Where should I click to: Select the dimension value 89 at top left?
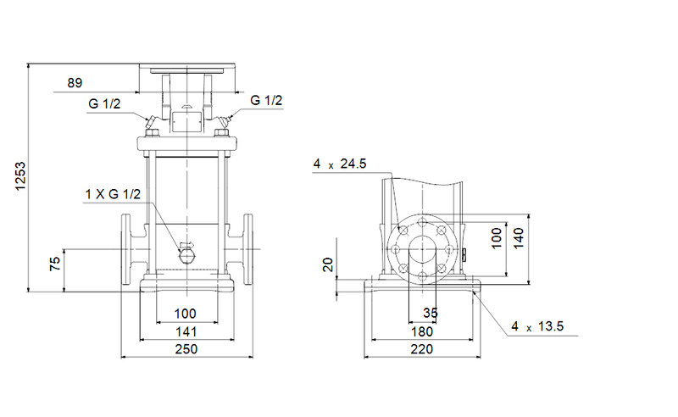(75, 83)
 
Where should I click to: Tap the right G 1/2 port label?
(266, 101)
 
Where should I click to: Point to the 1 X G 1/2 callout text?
(113, 195)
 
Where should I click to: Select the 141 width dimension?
(186, 331)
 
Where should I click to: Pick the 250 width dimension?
(186, 349)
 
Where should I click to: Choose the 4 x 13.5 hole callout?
(537, 326)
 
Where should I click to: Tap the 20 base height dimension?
(330, 265)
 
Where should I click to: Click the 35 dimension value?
(431, 314)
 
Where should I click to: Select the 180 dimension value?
(421, 331)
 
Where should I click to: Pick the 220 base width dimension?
(421, 349)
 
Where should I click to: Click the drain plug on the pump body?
(187, 251)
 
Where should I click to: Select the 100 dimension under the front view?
(186, 314)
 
